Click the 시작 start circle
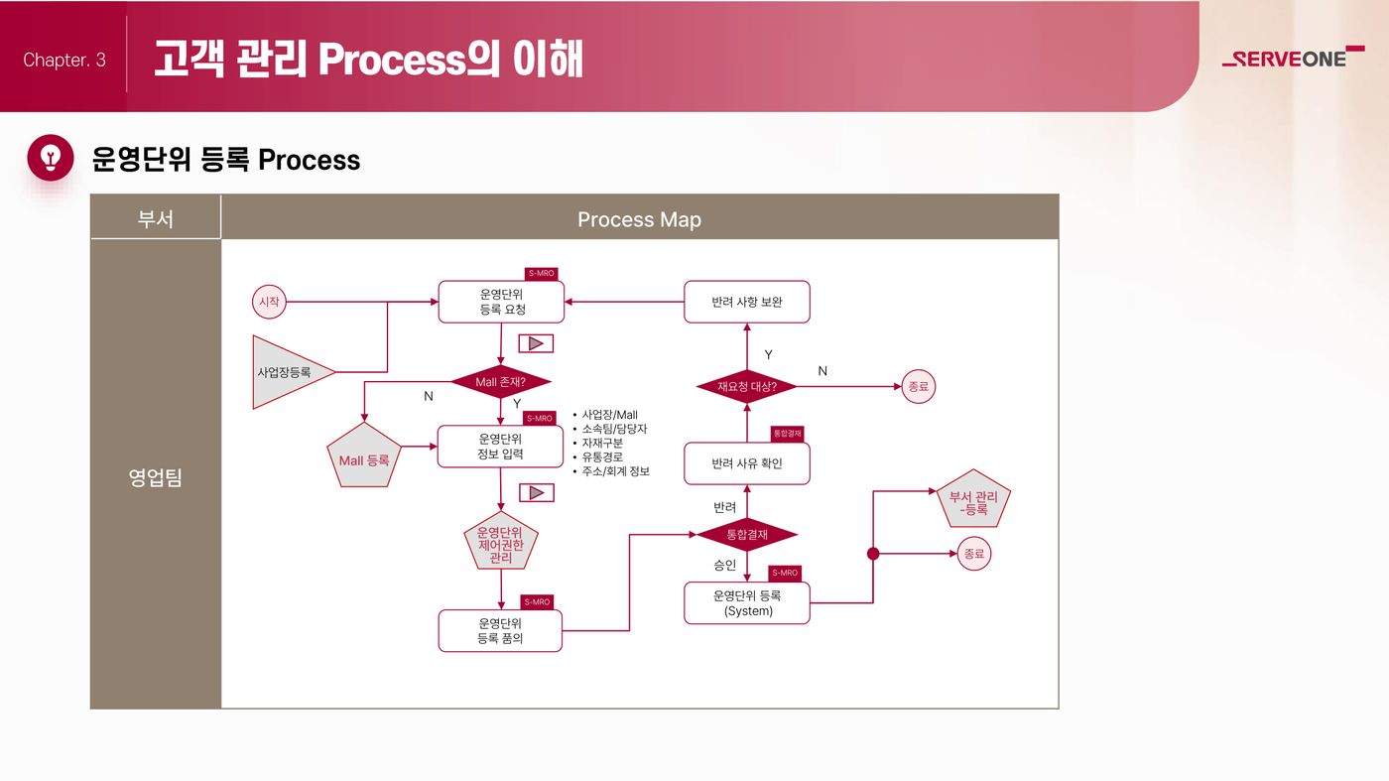click(x=269, y=302)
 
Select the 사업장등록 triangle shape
click(x=287, y=372)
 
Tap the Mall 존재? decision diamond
click(x=500, y=381)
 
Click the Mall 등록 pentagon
click(x=364, y=456)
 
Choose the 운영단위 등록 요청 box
click(x=501, y=302)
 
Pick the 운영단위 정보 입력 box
click(x=500, y=446)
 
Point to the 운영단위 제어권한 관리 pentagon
click(x=501, y=541)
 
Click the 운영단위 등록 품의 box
click(x=500, y=630)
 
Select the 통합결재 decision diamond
click(x=747, y=534)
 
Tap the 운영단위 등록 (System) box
click(x=747, y=603)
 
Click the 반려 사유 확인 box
click(x=747, y=463)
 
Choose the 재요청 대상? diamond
click(x=747, y=386)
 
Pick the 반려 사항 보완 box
click(x=747, y=302)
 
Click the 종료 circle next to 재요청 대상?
click(x=919, y=386)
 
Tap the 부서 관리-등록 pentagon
click(x=973, y=499)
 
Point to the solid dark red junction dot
click(x=873, y=554)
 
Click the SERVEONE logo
click(x=1294, y=57)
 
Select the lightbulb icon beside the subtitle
click(x=51, y=158)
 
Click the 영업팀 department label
click(x=155, y=477)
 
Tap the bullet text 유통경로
click(x=602, y=457)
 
